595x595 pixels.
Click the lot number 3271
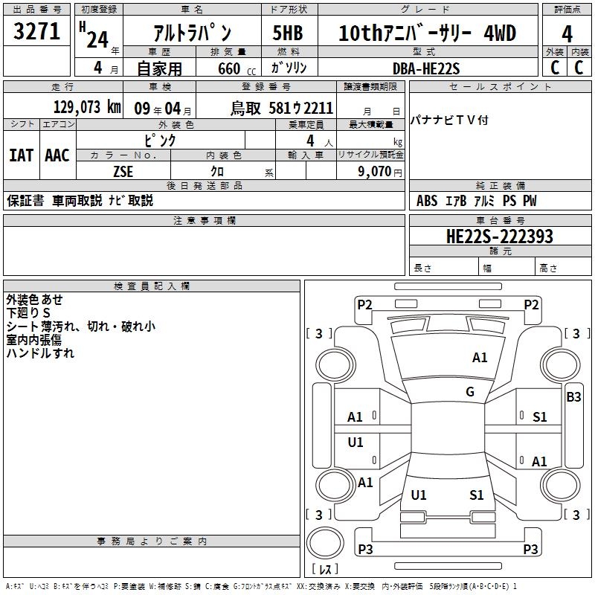(x=37, y=33)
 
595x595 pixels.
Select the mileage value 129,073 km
(x=87, y=107)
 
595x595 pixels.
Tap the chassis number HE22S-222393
(x=499, y=237)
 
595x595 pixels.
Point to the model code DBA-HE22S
(x=426, y=68)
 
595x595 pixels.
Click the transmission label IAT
(x=21, y=155)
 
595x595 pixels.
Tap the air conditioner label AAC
(x=57, y=155)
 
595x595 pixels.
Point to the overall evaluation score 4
(x=567, y=33)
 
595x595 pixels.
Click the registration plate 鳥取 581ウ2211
(x=281, y=108)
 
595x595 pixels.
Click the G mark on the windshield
(x=470, y=392)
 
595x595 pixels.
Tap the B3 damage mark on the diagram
(x=573, y=397)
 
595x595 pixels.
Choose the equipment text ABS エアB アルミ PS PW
(x=476, y=201)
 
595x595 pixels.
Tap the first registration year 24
(x=97, y=39)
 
